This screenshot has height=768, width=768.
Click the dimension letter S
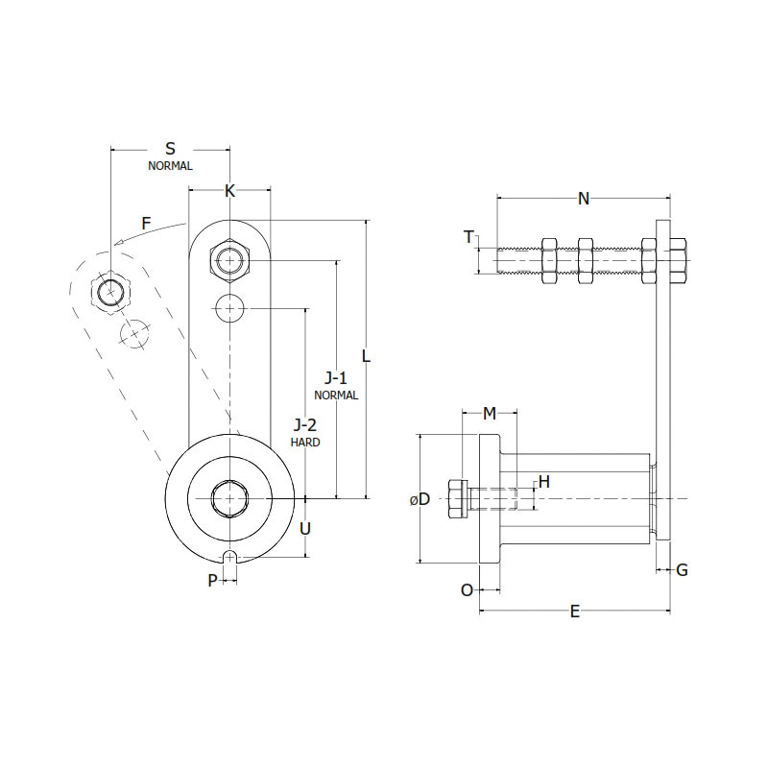[x=171, y=149]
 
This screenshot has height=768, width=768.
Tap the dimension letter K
[x=229, y=190]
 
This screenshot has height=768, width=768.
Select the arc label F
[x=146, y=224]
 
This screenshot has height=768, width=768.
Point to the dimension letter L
[x=367, y=355]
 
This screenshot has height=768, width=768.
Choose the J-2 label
[x=305, y=424]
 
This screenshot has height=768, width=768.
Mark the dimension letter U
[x=305, y=528]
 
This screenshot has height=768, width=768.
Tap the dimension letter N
[x=584, y=199]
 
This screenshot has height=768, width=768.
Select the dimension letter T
[x=468, y=237]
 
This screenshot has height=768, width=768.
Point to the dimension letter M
[x=490, y=413]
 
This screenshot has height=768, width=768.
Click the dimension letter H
[x=543, y=482]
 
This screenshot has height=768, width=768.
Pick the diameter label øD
[x=419, y=499]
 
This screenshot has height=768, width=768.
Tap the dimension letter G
[x=682, y=570]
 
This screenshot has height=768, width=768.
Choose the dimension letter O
[x=467, y=590]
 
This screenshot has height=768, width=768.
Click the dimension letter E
[x=575, y=612]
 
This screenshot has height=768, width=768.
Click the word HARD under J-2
[x=305, y=443]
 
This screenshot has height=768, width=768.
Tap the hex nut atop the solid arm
[x=229, y=260]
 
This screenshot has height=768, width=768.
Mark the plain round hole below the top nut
[x=229, y=308]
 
